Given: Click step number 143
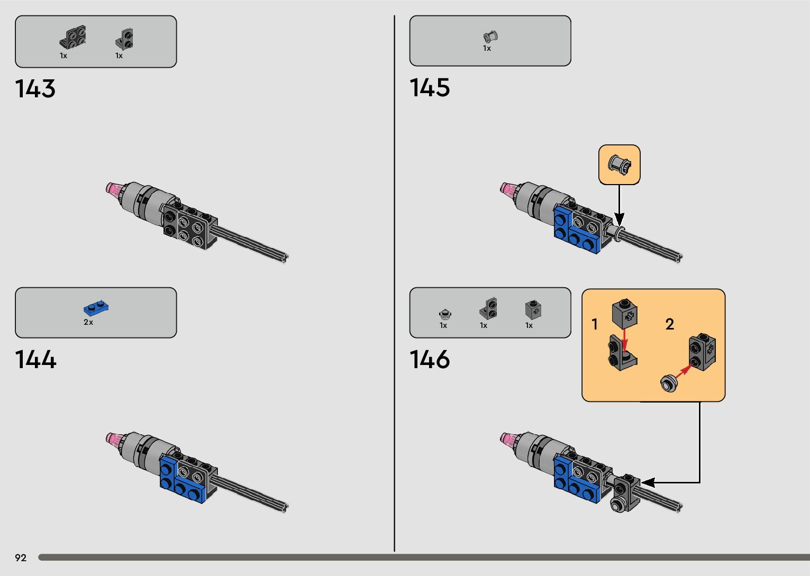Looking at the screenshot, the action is (x=35, y=89).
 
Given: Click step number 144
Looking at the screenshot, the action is (x=35, y=360).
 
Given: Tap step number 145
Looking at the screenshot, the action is (x=430, y=88).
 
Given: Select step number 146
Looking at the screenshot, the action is (x=430, y=360).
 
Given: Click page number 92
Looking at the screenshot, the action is (x=21, y=558).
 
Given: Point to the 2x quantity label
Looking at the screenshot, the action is (x=88, y=322).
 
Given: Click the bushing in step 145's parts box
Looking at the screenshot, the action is (x=490, y=36).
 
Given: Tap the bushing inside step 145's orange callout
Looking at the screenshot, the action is (x=620, y=164).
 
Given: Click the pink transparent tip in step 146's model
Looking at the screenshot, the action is (x=508, y=439).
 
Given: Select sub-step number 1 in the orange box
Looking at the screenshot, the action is (x=595, y=324).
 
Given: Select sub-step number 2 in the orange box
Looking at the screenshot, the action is (x=669, y=324).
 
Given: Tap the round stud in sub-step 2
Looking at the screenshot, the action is (x=669, y=382).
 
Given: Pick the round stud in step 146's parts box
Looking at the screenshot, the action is (x=445, y=314).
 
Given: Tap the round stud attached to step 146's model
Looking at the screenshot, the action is (x=617, y=504).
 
